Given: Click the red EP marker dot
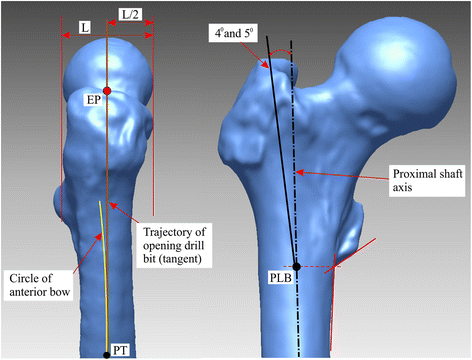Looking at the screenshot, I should coord(107,91).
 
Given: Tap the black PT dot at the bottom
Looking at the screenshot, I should coord(106,354).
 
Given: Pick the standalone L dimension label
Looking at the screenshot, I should coord(83,29).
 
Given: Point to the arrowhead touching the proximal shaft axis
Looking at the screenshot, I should coord(297,172).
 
